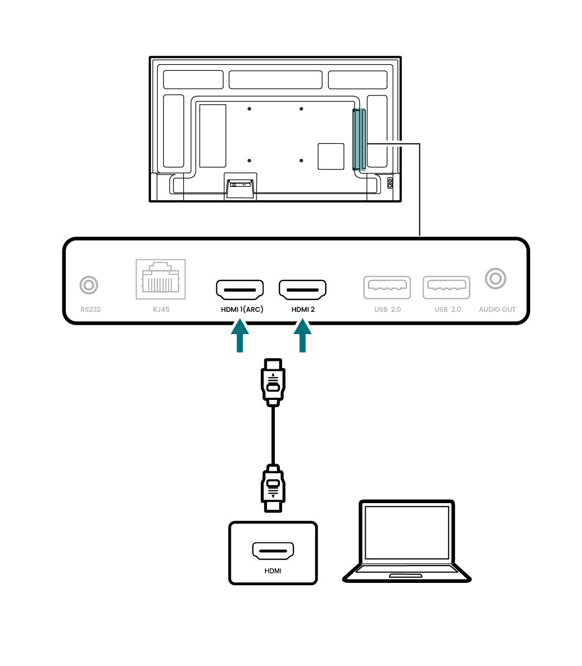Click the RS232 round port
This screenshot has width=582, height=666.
[89, 285]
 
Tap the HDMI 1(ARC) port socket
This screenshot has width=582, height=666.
[240, 289]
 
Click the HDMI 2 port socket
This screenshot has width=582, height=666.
[303, 289]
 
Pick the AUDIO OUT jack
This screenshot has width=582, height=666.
[496, 278]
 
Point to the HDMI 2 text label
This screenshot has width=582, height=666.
[303, 309]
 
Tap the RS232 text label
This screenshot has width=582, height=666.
[90, 309]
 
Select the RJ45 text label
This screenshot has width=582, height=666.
[161, 309]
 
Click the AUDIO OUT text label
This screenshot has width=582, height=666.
[497, 309]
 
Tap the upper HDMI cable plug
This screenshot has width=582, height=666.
[273, 383]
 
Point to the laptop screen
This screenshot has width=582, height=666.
[406, 532]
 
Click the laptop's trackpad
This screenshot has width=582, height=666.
[406, 575]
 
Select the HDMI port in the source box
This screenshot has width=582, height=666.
[273, 551]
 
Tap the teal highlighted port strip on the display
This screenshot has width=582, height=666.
[359, 139]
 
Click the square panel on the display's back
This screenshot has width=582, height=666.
[331, 156]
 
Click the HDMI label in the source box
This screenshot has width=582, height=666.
[273, 571]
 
